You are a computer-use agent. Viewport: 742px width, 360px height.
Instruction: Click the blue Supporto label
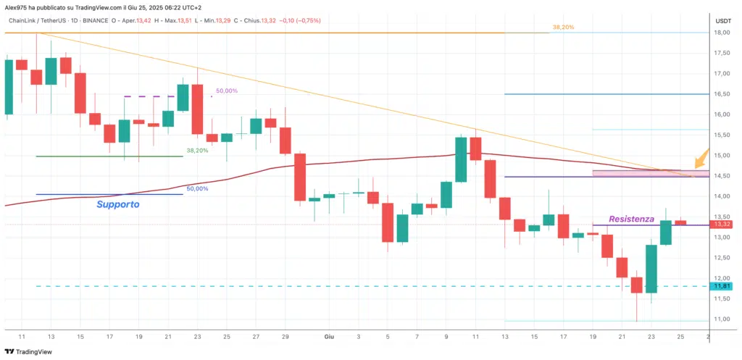tap(118, 205)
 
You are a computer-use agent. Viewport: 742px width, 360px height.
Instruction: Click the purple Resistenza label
tap(631, 218)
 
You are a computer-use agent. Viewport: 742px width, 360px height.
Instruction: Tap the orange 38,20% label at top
tap(563, 27)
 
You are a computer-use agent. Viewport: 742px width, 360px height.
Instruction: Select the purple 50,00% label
tap(226, 91)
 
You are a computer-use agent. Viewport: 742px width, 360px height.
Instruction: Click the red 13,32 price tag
tap(721, 225)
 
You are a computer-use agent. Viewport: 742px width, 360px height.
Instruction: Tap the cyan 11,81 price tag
tap(721, 286)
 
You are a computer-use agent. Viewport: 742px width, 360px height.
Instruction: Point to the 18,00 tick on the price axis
tap(721, 33)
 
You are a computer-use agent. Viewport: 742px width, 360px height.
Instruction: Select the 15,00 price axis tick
tap(721, 155)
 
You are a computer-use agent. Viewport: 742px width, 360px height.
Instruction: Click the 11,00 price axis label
tap(721, 319)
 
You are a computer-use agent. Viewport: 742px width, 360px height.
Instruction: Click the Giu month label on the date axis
tap(328, 337)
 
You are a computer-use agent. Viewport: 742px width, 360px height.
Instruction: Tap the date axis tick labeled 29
tap(285, 337)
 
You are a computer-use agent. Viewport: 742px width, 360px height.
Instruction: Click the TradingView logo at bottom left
tap(35, 353)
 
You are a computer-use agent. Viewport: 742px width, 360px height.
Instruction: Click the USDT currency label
tap(722, 21)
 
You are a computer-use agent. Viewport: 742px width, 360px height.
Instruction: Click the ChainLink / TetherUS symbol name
tap(38, 21)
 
